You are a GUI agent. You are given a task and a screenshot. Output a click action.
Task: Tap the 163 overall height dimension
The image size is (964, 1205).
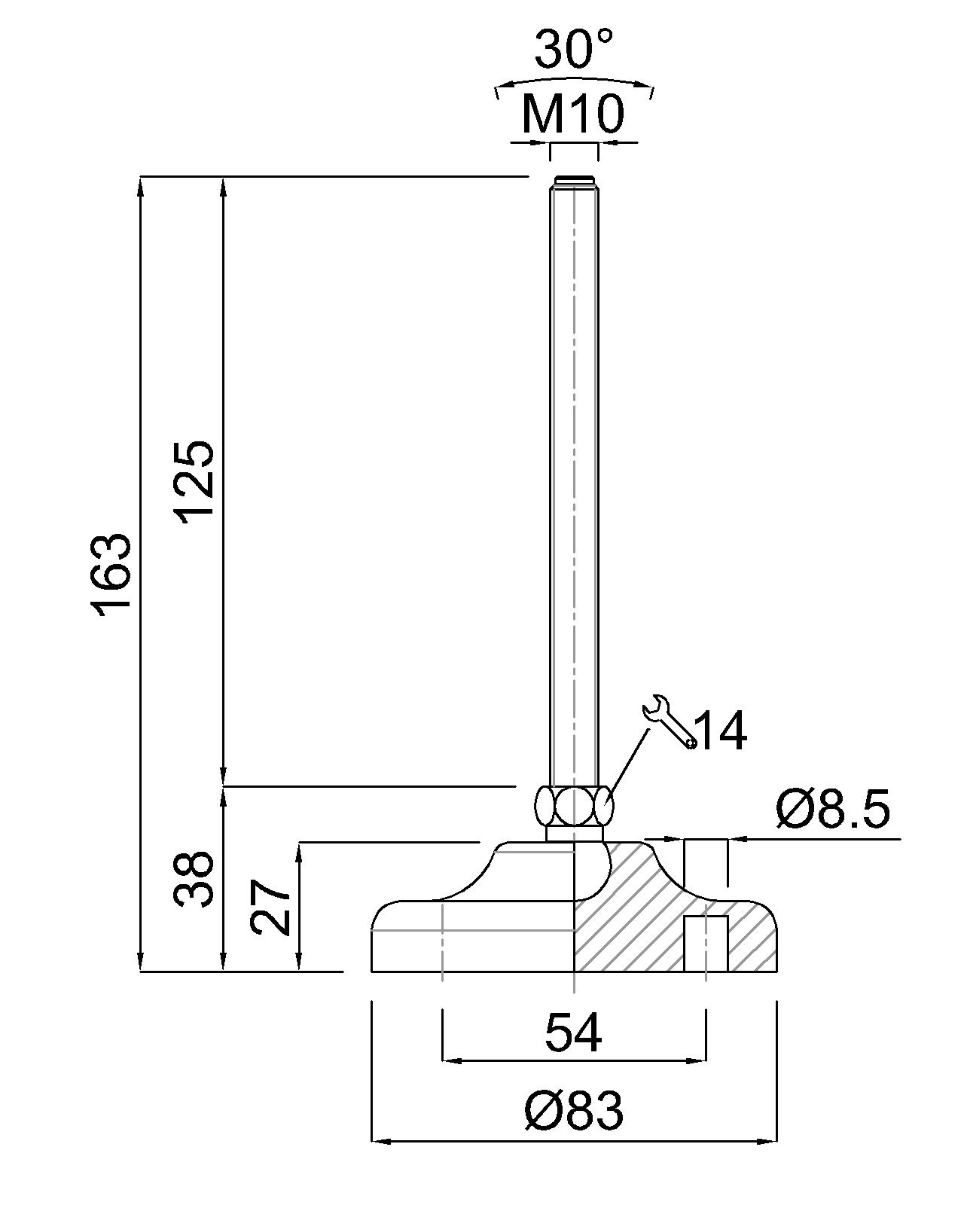(113, 575)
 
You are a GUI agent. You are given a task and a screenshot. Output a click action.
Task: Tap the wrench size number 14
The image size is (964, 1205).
(720, 731)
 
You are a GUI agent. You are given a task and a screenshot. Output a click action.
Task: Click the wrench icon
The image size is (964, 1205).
(669, 721)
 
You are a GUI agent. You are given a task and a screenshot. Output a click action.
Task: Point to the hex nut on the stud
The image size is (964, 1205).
(574, 806)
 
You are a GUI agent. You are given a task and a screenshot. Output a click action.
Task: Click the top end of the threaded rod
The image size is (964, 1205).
(574, 181)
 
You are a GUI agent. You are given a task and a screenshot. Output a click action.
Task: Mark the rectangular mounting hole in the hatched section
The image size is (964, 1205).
(706, 943)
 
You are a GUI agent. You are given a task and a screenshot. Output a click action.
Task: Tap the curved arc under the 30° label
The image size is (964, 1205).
(574, 80)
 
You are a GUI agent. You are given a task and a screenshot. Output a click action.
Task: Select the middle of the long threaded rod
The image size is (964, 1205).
(574, 482)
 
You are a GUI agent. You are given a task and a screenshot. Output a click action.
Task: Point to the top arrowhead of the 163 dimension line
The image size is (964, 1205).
(141, 184)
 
